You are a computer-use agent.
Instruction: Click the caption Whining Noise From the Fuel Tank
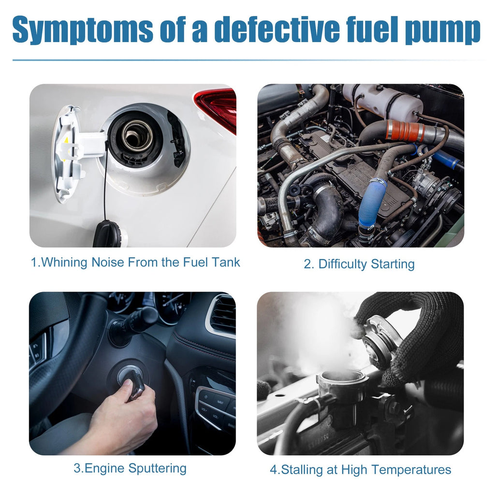pos(135,262)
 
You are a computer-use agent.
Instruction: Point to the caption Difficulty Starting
pos(359,264)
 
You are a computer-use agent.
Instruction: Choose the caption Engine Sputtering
pos(130,468)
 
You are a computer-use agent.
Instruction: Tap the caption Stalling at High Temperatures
pos(361,469)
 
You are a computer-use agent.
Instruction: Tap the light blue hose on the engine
pos(373,202)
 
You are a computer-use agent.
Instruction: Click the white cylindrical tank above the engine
pos(383,101)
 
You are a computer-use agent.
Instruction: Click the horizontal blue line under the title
pos(249,60)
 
